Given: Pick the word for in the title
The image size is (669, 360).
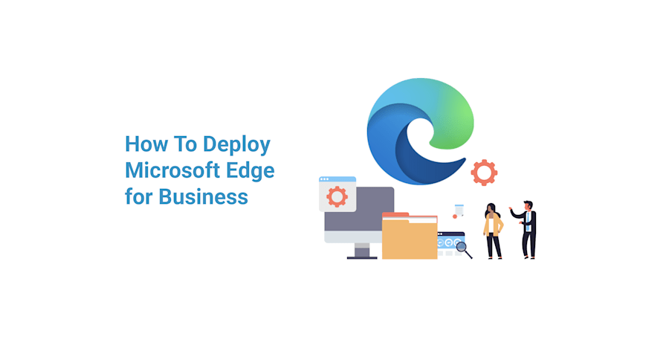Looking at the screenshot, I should [139, 196].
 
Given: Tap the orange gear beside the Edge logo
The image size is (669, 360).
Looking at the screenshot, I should [484, 173].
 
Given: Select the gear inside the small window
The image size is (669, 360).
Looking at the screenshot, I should [337, 196].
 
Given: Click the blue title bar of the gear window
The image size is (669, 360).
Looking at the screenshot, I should [337, 179].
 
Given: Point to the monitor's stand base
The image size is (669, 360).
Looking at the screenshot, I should [363, 257].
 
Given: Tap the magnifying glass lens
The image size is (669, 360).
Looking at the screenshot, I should [461, 246].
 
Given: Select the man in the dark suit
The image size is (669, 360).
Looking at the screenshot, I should [528, 229].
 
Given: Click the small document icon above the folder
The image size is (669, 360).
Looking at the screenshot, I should [459, 209].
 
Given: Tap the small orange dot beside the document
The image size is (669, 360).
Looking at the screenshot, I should [455, 216].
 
